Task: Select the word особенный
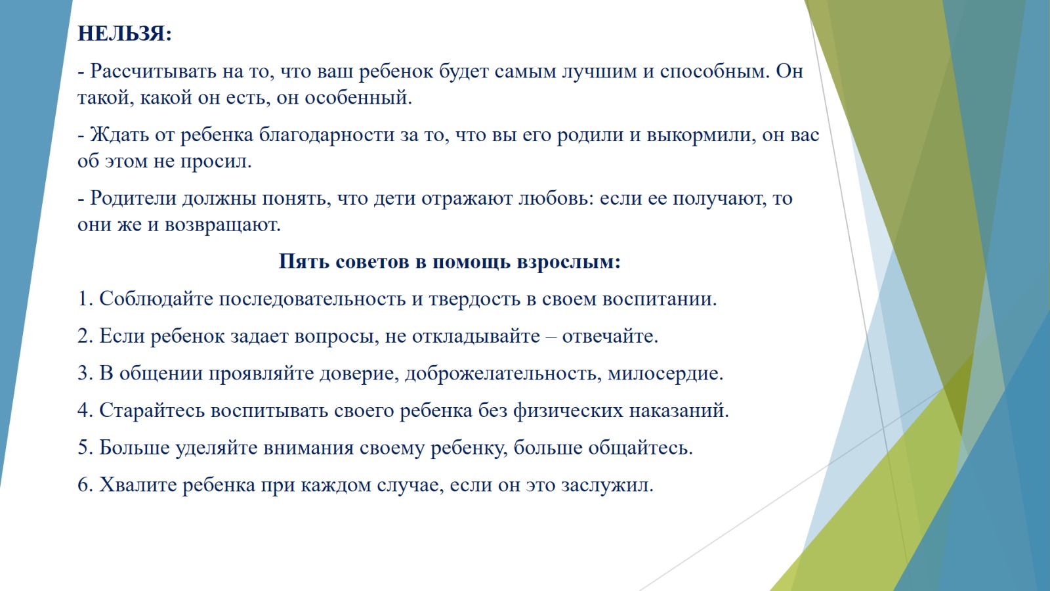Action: pyautogui.click(x=358, y=98)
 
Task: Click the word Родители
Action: pyautogui.click(x=133, y=198)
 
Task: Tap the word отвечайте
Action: pyautogui.click(x=610, y=336)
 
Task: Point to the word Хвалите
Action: pyautogui.click(x=138, y=485)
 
